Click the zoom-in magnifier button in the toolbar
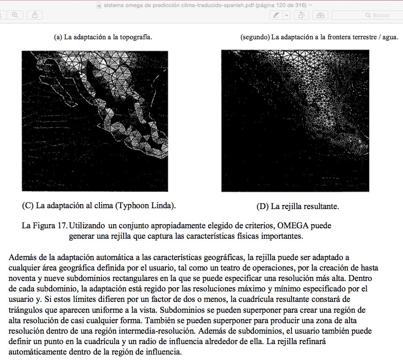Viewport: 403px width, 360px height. [15, 15]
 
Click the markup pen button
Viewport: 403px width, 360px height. [276, 15]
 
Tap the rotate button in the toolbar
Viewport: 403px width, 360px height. [301, 15]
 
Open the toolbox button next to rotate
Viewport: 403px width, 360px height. [320, 15]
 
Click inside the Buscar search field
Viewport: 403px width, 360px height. [368, 15]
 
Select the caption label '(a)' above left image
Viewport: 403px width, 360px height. [58, 37]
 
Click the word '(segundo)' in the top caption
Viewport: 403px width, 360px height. [255, 37]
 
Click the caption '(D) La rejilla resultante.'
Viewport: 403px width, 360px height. [298, 206]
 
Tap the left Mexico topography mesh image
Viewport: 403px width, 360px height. [95, 120]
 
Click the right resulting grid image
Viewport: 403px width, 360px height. [295, 120]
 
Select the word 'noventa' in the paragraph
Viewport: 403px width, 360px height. [21, 278]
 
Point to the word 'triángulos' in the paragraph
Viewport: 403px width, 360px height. [25, 310]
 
